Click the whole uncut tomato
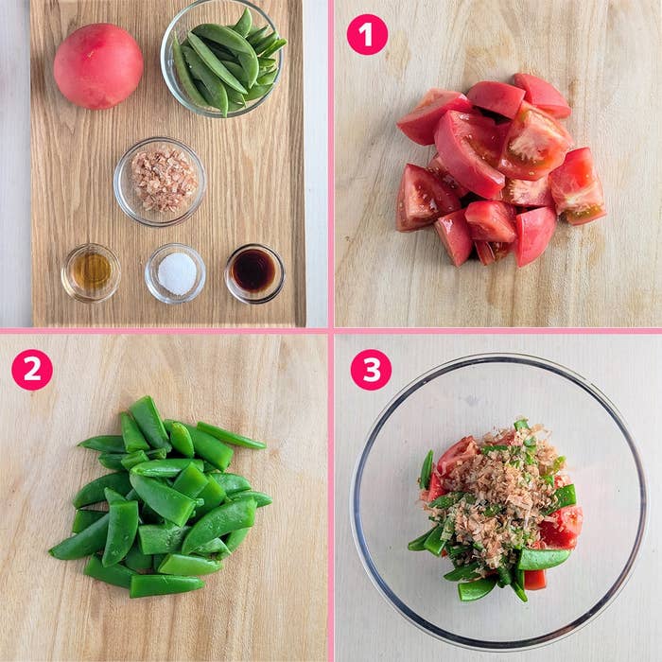pyautogui.click(x=98, y=66)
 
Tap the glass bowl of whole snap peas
pyautogui.click(x=222, y=59)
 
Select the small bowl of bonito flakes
pyautogui.click(x=160, y=182)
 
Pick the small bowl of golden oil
pyautogui.click(x=91, y=272)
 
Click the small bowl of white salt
pyautogui.click(x=175, y=273)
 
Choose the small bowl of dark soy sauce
pyautogui.click(x=254, y=273)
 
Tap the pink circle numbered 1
pyautogui.click(x=367, y=35)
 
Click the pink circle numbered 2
pyautogui.click(x=32, y=370)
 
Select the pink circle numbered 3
pyautogui.click(x=371, y=370)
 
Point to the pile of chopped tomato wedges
pyautogui.click(x=500, y=169)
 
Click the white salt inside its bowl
pyautogui.click(x=178, y=273)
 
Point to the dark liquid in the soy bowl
pyautogui.click(x=253, y=270)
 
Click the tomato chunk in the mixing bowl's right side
pyautogui.click(x=563, y=526)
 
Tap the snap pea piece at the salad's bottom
pyautogui.click(x=477, y=588)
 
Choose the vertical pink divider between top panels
pyautogui.click(x=331, y=164)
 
